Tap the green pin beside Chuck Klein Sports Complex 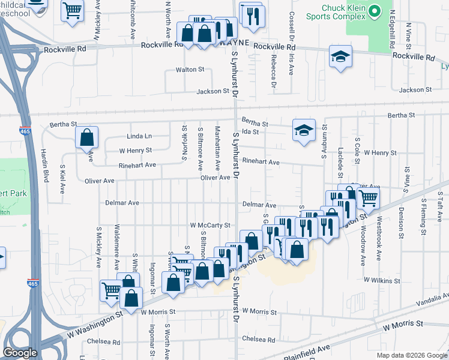coord(375,11)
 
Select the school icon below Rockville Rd coord(340,57)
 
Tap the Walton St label coord(190,70)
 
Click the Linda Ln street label coord(139,136)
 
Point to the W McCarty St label coord(210,225)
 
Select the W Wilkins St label coord(382,280)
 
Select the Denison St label coord(400,223)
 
